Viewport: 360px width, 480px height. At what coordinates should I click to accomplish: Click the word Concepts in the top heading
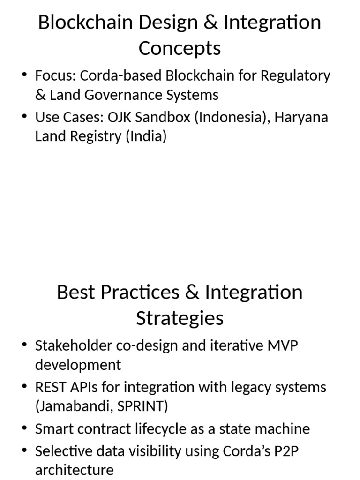[180, 48]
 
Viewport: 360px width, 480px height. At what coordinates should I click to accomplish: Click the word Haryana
[301, 117]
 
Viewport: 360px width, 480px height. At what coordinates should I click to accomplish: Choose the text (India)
[145, 137]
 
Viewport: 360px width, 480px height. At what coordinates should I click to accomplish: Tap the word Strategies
[180, 318]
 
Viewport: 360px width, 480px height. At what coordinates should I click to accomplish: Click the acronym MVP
[283, 345]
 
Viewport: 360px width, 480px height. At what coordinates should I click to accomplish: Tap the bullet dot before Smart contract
[24, 428]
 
